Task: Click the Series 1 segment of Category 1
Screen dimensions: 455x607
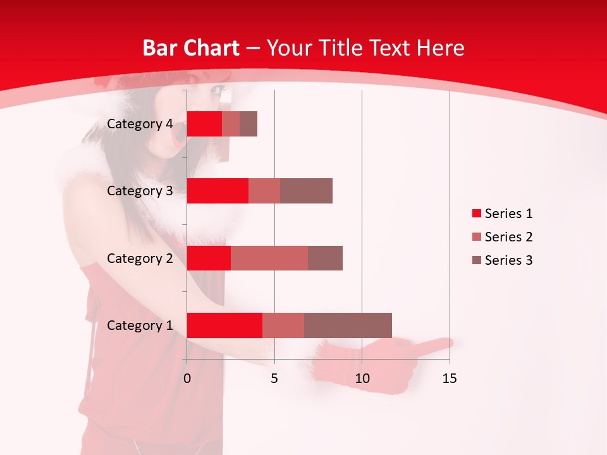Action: tap(224, 325)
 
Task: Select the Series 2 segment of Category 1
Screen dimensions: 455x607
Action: tap(283, 325)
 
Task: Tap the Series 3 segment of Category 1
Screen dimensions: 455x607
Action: tap(348, 325)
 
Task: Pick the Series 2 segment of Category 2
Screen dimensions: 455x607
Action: tap(269, 258)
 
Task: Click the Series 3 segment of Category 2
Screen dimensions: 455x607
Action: tap(325, 258)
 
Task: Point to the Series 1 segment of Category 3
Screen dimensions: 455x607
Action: tap(218, 191)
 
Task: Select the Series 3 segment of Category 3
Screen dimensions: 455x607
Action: tap(306, 191)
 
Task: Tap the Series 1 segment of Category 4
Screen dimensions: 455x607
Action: tap(204, 124)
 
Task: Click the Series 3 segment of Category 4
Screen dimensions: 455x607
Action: tap(248, 124)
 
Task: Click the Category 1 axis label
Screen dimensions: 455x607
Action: tap(139, 325)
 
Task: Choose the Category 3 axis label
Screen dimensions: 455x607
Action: tap(139, 191)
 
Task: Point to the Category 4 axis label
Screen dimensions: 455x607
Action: tap(139, 124)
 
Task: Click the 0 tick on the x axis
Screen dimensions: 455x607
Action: tap(187, 379)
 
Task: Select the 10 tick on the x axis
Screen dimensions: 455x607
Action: tap(362, 379)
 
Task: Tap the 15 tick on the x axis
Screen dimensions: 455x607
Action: tap(450, 379)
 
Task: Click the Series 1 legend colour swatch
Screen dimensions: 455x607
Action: tap(476, 214)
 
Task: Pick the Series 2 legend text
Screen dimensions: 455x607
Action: tap(508, 237)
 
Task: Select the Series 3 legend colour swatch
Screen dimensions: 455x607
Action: tap(476, 260)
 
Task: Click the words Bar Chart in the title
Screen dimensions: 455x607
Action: tap(191, 48)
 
